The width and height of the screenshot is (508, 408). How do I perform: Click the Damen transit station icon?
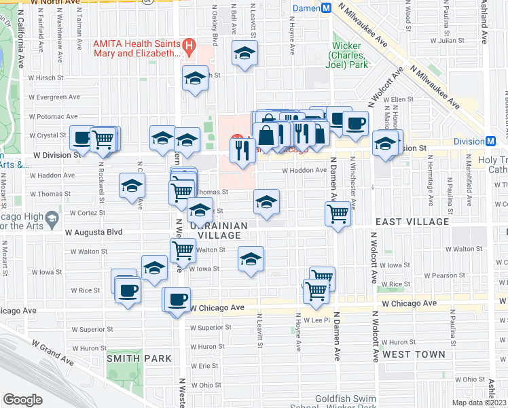pos(325,8)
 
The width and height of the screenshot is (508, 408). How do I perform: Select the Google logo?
pos(22,400)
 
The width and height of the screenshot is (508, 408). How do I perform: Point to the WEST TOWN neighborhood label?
pos(414,354)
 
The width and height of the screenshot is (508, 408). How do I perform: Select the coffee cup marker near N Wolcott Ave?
pos(355,123)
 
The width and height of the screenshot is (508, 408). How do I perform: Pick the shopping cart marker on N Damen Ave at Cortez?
pos(338,214)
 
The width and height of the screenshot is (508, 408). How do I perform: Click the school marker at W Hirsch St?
pos(196,78)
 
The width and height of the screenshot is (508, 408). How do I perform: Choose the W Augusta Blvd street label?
pos(93,232)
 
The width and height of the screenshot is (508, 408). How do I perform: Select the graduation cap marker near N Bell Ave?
pos(245,54)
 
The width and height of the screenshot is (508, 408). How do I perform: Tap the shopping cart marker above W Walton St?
pos(183,250)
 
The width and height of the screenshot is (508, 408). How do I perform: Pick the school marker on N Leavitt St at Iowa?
pos(251,258)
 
